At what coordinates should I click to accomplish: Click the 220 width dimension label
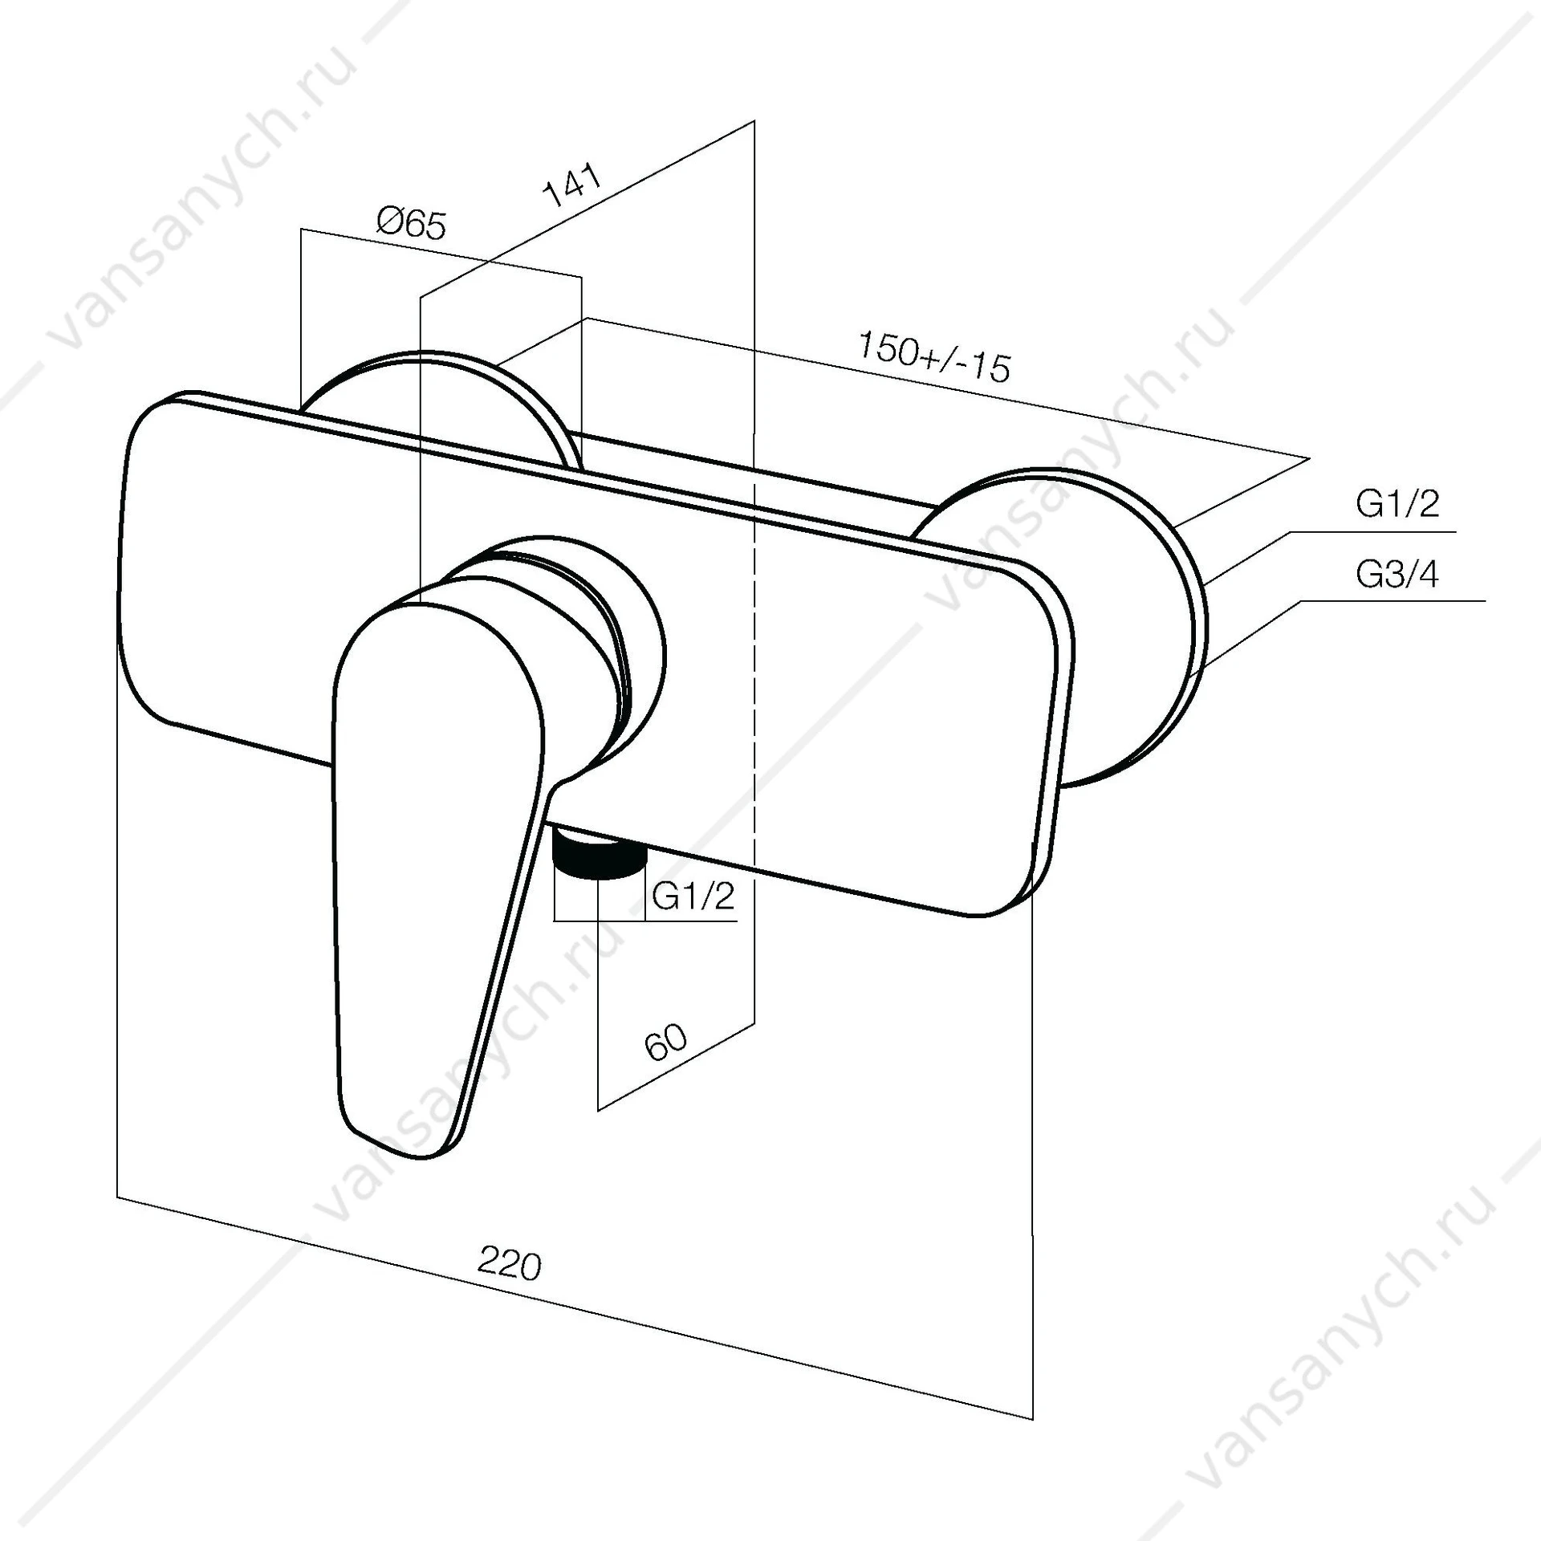tap(510, 1265)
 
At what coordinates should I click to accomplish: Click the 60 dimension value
tap(665, 1042)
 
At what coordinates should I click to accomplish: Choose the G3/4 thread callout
tap(1397, 575)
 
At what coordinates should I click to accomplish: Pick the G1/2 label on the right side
tap(1397, 504)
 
